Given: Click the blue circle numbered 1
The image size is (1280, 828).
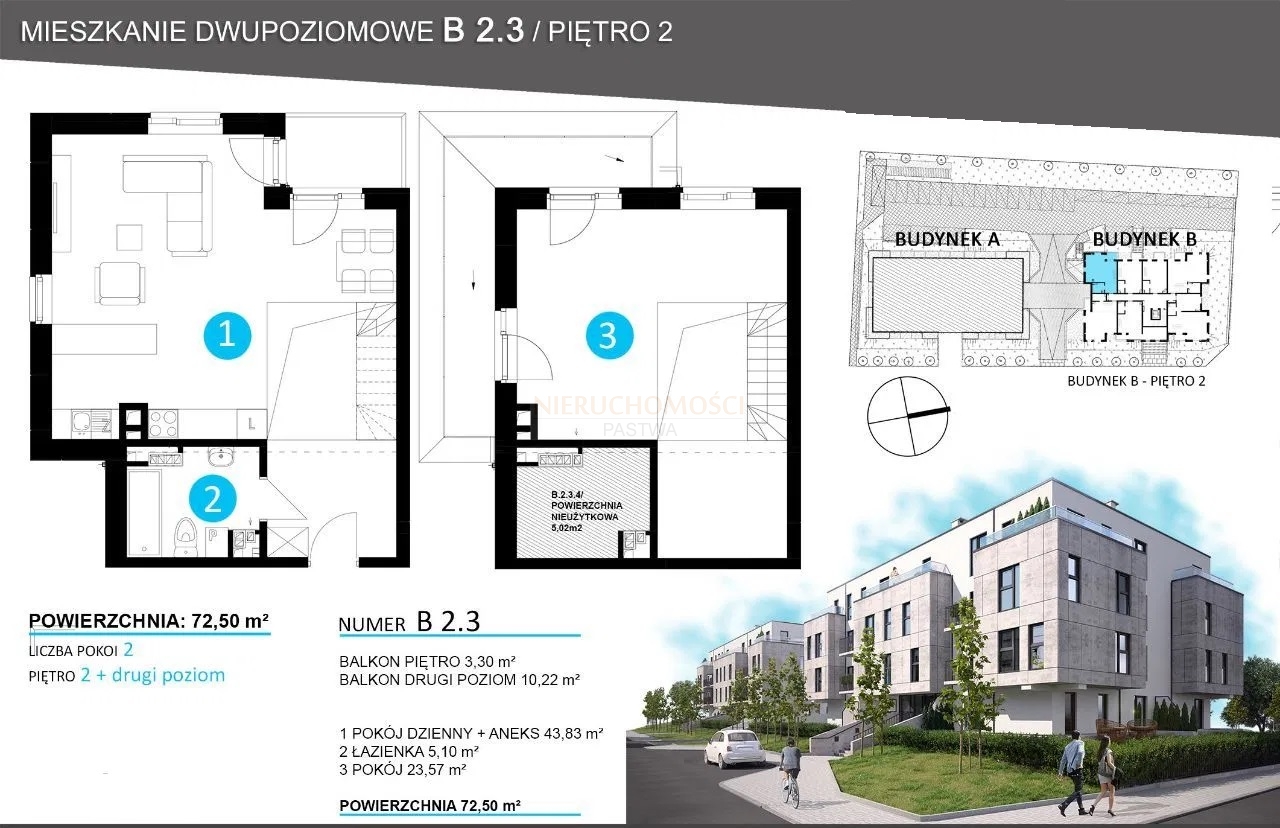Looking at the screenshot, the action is tap(227, 335).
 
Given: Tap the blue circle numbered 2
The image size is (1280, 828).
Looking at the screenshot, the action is tap(213, 499).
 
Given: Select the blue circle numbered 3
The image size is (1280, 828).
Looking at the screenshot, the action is tap(609, 335).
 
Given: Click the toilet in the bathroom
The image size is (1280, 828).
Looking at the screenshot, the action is tap(185, 537).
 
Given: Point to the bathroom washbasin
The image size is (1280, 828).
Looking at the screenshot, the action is tap(219, 457).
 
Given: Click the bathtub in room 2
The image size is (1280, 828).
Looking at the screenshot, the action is tap(144, 512).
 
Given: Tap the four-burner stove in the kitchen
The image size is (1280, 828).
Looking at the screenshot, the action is tap(163, 423).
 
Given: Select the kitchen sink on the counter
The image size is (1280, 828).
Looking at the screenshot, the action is tap(91, 423).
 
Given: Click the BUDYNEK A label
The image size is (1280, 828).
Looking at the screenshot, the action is tap(947, 239).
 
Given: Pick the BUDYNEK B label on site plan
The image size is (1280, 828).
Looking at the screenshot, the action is tap(1145, 239).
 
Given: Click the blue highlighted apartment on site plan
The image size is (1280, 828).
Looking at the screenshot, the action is tap(1101, 274).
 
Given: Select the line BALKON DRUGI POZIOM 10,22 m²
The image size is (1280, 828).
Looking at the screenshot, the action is tap(459, 679).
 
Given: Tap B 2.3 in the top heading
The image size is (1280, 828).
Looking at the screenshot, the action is tap(483, 30).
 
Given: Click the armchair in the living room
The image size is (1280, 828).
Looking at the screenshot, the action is tap(121, 284).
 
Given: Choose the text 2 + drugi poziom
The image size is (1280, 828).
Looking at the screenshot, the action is tap(153, 675).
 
